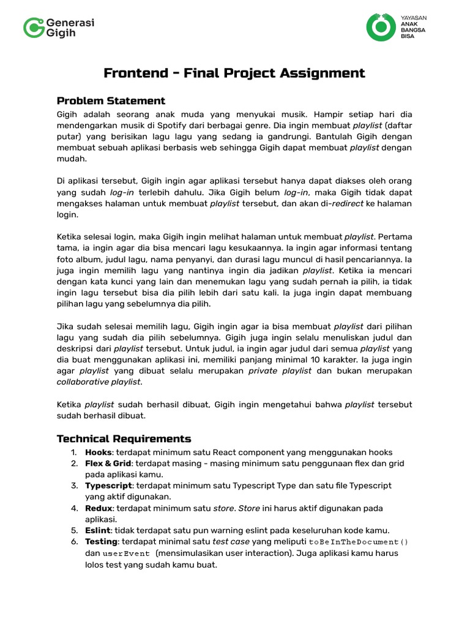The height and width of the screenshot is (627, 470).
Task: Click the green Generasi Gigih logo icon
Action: pyautogui.click(x=33, y=28)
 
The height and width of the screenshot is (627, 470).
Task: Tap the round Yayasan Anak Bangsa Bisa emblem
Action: pyautogui.click(x=381, y=27)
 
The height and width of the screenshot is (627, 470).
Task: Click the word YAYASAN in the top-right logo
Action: pyautogui.click(x=413, y=18)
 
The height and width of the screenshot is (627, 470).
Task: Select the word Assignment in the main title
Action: pyautogui.click(x=323, y=73)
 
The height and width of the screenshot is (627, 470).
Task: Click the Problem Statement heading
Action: pyautogui.click(x=111, y=101)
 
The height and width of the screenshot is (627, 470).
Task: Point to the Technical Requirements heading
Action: pyautogui.click(x=124, y=438)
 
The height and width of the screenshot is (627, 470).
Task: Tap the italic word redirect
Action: pyautogui.click(x=347, y=203)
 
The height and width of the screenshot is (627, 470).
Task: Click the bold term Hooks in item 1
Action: pyautogui.click(x=99, y=452)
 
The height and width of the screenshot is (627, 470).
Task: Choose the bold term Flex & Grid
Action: pyautogui.click(x=108, y=464)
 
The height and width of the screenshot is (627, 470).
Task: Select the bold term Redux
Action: pyautogui.click(x=99, y=508)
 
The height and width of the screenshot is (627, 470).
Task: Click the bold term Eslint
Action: pyautogui.click(x=98, y=530)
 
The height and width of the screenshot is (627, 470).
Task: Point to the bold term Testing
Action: pyautogui.click(x=101, y=542)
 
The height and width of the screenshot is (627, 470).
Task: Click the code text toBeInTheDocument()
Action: pyautogui.click(x=359, y=542)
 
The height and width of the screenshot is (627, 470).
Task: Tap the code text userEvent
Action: pyautogui.click(x=126, y=553)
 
